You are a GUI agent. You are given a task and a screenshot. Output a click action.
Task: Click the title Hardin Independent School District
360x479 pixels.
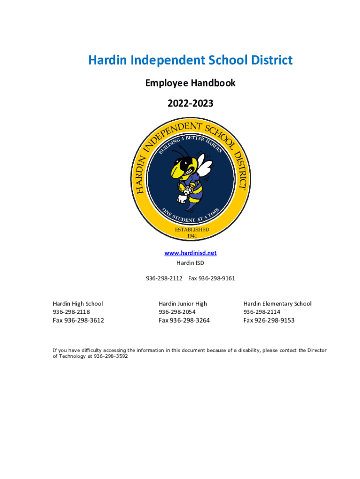190,60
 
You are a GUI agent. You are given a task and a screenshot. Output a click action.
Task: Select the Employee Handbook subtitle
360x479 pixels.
190,83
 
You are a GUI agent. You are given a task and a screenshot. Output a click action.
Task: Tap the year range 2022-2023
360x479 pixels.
190,103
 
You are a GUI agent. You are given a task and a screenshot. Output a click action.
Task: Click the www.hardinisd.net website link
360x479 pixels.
190,253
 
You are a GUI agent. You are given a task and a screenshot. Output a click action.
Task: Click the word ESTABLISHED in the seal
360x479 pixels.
192,230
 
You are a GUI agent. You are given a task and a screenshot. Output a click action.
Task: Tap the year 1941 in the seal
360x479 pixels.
192,236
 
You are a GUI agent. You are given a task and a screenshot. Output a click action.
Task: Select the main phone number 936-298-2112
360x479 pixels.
164,278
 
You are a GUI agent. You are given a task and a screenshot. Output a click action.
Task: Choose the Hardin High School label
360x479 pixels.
78,304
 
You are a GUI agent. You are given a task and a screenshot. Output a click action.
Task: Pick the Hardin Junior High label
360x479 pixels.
183,304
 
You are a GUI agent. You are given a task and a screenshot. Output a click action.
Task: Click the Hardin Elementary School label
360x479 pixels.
277,304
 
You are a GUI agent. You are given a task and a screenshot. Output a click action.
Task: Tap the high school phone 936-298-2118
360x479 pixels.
71,312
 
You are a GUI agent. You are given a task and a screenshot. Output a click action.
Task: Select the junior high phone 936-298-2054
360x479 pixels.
177,312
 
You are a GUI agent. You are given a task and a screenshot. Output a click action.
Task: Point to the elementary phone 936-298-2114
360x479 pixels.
262,312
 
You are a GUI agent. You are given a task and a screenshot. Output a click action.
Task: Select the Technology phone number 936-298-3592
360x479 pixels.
111,356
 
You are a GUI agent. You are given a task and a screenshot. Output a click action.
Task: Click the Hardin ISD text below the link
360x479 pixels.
190,263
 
